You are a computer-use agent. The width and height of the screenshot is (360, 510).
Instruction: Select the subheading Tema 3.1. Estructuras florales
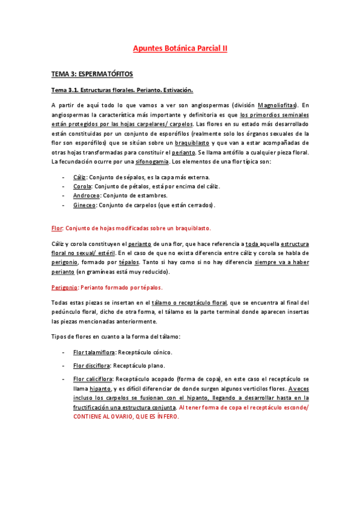click(122, 90)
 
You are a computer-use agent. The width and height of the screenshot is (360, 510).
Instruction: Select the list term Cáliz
click(79, 177)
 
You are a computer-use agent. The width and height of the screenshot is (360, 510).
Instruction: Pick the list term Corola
click(82, 186)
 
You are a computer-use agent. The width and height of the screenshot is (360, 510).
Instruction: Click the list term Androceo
click(85, 195)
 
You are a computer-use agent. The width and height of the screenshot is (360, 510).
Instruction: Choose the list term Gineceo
click(84, 205)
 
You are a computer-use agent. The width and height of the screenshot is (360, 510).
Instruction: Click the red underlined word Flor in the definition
click(56, 229)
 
